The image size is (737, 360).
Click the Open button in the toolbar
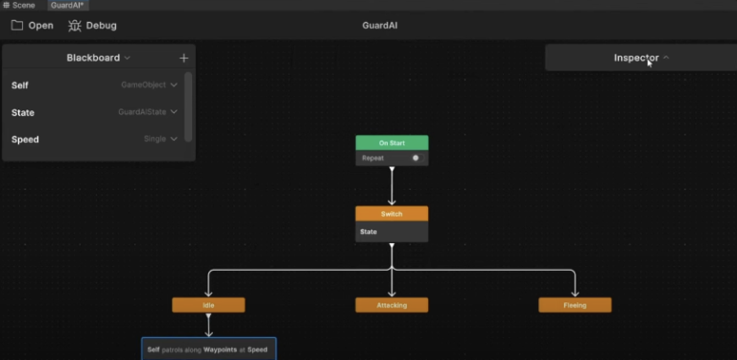point(33,25)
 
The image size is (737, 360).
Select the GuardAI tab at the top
point(68,5)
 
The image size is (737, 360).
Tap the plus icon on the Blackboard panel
point(184,58)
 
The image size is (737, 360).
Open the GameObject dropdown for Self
point(149,85)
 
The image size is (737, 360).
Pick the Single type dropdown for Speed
point(160,139)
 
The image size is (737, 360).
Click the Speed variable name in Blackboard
point(25,139)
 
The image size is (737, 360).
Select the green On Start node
point(392,143)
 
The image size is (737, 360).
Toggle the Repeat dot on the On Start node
point(416,157)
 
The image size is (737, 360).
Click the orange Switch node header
point(392,213)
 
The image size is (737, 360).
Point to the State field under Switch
point(368,231)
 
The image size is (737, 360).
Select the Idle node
point(208,305)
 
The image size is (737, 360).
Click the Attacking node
point(392,305)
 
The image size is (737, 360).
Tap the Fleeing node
point(575,305)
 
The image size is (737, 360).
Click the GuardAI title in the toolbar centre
point(379,25)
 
